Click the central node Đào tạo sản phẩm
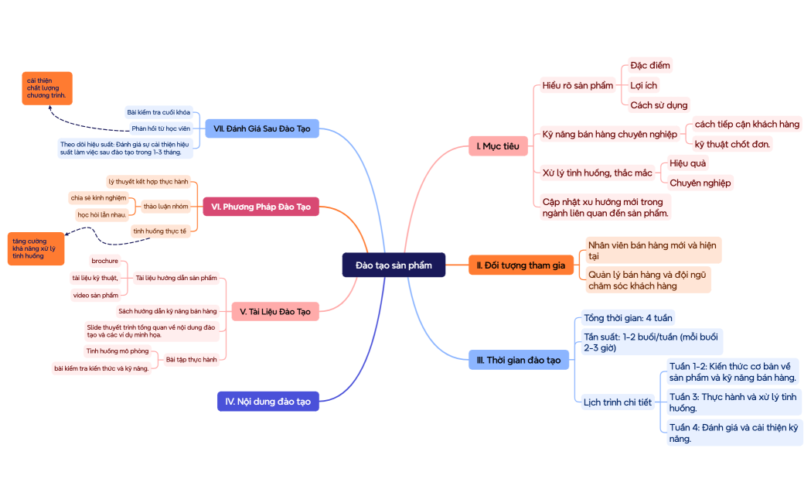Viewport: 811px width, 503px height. (x=394, y=265)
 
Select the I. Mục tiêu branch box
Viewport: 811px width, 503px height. (x=498, y=145)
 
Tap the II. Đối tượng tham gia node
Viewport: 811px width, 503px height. (x=521, y=265)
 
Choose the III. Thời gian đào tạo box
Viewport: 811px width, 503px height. (x=519, y=360)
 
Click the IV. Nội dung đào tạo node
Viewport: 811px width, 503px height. (x=267, y=402)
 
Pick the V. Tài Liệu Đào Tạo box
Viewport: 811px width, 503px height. (x=274, y=311)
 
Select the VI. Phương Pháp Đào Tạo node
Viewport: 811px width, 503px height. (x=261, y=207)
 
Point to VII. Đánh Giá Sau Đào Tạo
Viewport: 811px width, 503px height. (x=261, y=128)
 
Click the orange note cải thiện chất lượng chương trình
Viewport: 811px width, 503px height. (x=46, y=88)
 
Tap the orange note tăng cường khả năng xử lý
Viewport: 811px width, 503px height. (x=36, y=248)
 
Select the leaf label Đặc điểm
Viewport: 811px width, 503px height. (x=649, y=65)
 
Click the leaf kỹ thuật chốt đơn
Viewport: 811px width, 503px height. (x=732, y=144)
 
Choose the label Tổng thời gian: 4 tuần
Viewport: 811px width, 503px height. (x=628, y=318)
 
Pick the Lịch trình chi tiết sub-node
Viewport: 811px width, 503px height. (x=617, y=402)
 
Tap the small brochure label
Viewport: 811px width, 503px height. (x=104, y=261)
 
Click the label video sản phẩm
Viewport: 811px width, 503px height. (x=96, y=295)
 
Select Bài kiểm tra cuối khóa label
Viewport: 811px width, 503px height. (x=158, y=112)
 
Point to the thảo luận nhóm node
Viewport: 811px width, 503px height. (x=165, y=207)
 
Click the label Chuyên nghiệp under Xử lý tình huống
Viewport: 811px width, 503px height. (x=700, y=183)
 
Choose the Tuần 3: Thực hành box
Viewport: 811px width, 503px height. (x=733, y=402)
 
